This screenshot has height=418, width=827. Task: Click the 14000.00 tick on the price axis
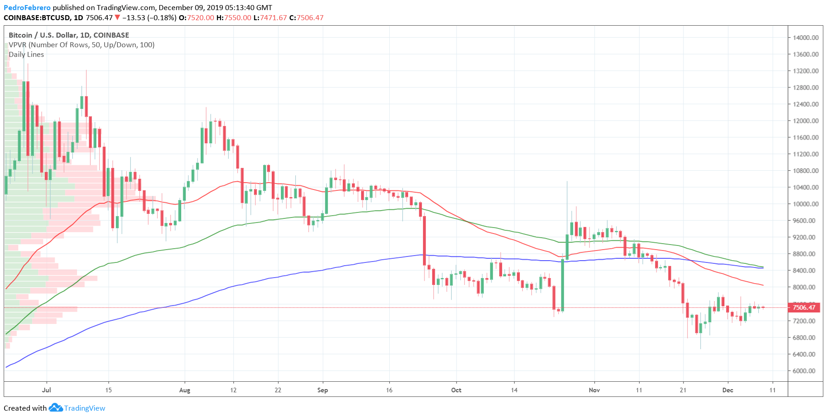pos(805,38)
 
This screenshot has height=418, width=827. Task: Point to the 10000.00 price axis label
pos(805,204)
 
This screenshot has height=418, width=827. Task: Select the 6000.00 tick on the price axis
pos(805,371)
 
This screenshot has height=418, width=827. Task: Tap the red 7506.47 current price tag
pos(804,307)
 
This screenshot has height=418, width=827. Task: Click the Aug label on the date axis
pos(185,390)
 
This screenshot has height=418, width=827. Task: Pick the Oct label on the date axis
pos(456,390)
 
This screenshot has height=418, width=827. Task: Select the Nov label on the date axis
pos(594,390)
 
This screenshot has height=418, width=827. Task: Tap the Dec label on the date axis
pos(728,390)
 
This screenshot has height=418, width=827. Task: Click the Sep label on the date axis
pos(323,390)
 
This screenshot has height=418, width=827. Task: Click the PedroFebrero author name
pos(27,7)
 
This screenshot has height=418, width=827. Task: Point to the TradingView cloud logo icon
pos(55,407)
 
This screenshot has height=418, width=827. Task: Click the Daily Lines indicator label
pos(26,54)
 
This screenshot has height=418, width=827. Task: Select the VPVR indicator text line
pos(82,45)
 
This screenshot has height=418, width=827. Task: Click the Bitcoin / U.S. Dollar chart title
pos(69,35)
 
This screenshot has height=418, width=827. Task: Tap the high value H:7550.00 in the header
pos(234,17)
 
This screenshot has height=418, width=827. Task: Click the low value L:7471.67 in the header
pos(270,17)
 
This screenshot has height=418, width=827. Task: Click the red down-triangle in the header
pos(117,17)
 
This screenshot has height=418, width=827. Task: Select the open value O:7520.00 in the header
pos(196,17)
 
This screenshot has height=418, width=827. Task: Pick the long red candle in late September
pos(425,240)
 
